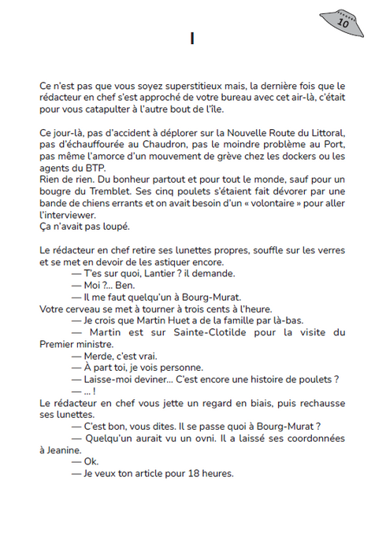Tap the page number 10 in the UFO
(x=343, y=23)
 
